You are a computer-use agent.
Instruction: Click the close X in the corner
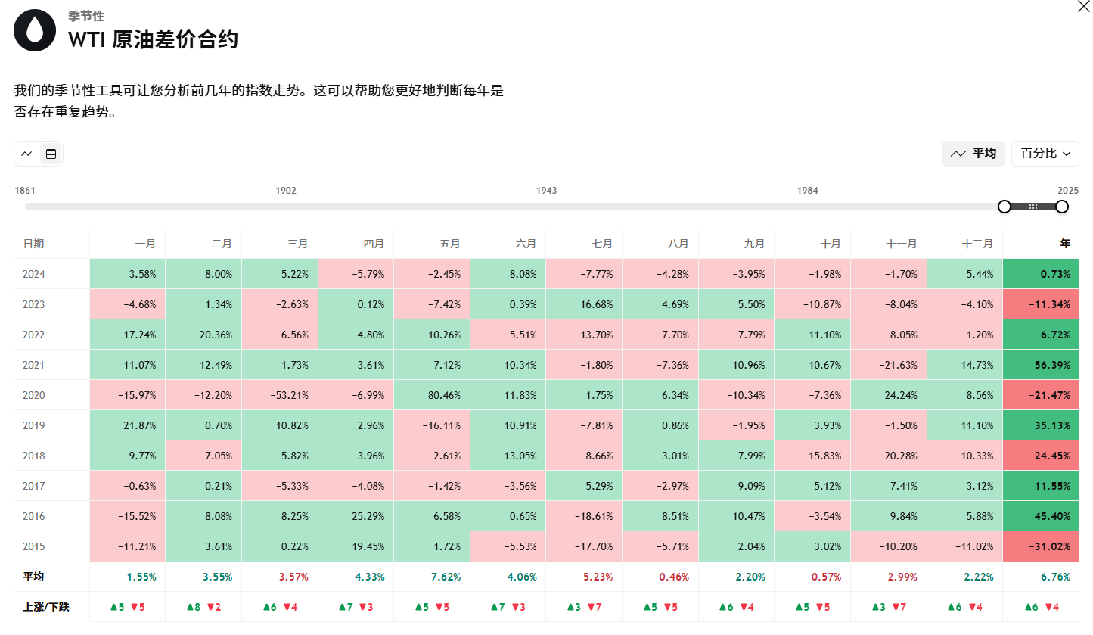pyautogui.click(x=1083, y=6)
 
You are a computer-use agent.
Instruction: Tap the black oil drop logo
pyautogui.click(x=35, y=30)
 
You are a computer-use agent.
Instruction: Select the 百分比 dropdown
pyautogui.click(x=1045, y=154)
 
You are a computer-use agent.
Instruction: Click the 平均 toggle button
pyautogui.click(x=973, y=154)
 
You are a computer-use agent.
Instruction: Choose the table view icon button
pyautogui.click(x=51, y=154)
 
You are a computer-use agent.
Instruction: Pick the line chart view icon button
pyautogui.click(x=26, y=154)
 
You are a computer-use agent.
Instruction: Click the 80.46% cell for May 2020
pyautogui.click(x=432, y=395)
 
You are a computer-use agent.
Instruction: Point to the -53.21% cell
pyautogui.click(x=280, y=395)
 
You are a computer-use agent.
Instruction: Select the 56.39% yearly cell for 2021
pyautogui.click(x=1041, y=365)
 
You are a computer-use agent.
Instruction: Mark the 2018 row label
pyautogui.click(x=34, y=456)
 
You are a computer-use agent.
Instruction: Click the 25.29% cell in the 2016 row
pyautogui.click(x=356, y=516)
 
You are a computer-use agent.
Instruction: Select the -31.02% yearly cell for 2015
pyautogui.click(x=1041, y=546)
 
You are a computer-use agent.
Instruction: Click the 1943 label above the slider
pyautogui.click(x=546, y=191)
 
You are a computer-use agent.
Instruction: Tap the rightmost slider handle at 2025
pyautogui.click(x=1062, y=207)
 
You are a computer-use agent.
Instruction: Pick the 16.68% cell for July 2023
pyautogui.click(x=584, y=304)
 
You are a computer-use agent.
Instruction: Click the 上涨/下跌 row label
pyautogui.click(x=46, y=607)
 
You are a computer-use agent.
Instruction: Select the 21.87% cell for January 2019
pyautogui.click(x=128, y=425)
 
